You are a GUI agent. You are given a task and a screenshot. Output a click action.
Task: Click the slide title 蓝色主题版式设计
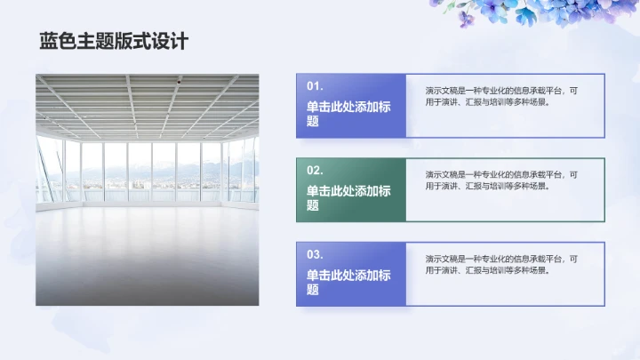pos(113,42)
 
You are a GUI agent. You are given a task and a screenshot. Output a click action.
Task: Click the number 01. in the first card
pos(315,86)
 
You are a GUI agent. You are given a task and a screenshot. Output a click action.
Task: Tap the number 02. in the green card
pos(315,170)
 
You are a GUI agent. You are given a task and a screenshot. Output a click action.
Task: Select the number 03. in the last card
pos(315,254)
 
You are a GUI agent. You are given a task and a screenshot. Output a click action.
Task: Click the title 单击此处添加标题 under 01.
pos(348,114)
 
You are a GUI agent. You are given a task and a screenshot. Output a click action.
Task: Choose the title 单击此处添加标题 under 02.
pos(348,197)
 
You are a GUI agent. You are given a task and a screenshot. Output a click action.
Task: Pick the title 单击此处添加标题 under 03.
pos(348,282)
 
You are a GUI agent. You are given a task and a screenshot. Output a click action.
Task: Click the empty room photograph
pos(148,189)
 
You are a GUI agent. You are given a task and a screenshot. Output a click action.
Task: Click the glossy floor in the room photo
pos(148,258)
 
